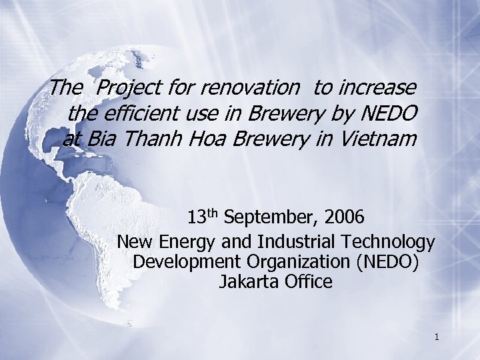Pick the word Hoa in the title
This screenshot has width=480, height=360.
[209, 140]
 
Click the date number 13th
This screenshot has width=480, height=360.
[203, 218]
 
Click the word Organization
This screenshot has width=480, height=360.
[299, 261]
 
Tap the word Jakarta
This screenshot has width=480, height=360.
[247, 282]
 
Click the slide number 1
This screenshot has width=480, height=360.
[436, 337]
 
